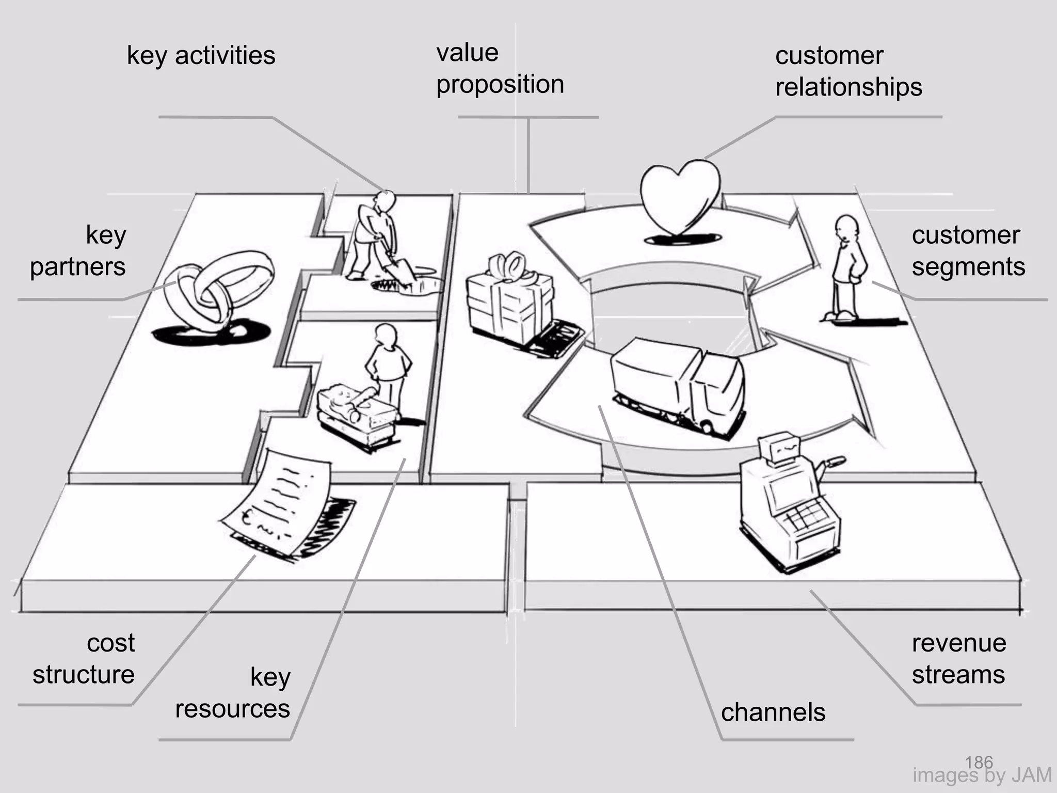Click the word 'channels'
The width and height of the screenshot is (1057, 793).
click(773, 712)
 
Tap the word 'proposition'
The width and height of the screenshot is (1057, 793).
click(500, 84)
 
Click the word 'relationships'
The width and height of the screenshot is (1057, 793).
click(848, 87)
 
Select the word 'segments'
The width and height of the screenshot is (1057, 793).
click(968, 267)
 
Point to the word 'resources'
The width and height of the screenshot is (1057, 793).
click(232, 709)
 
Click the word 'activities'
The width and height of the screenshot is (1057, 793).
click(225, 55)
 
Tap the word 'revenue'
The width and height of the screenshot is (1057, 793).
click(959, 643)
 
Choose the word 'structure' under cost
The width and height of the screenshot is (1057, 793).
click(83, 675)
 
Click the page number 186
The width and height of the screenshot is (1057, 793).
click(979, 762)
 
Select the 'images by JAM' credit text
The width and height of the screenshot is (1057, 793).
click(982, 775)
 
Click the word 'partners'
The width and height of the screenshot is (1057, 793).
click(77, 267)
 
